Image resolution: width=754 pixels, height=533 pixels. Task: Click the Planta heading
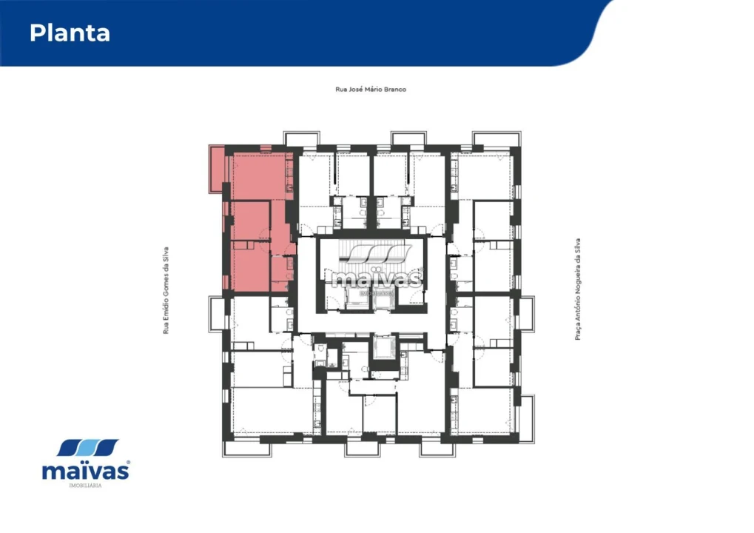point(70,33)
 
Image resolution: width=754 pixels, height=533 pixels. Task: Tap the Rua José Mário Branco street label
point(371,90)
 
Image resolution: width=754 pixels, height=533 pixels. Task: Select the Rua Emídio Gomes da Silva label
point(166,290)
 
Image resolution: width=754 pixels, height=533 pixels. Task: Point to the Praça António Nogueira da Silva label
point(576,289)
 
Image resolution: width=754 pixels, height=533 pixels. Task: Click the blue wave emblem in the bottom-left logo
point(88,448)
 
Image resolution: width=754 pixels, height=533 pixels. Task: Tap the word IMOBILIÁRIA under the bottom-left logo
point(85,485)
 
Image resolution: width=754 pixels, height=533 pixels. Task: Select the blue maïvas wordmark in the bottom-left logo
point(86,470)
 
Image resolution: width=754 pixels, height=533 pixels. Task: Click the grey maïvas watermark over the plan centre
point(377,278)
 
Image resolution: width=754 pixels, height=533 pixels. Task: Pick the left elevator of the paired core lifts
point(358,299)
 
